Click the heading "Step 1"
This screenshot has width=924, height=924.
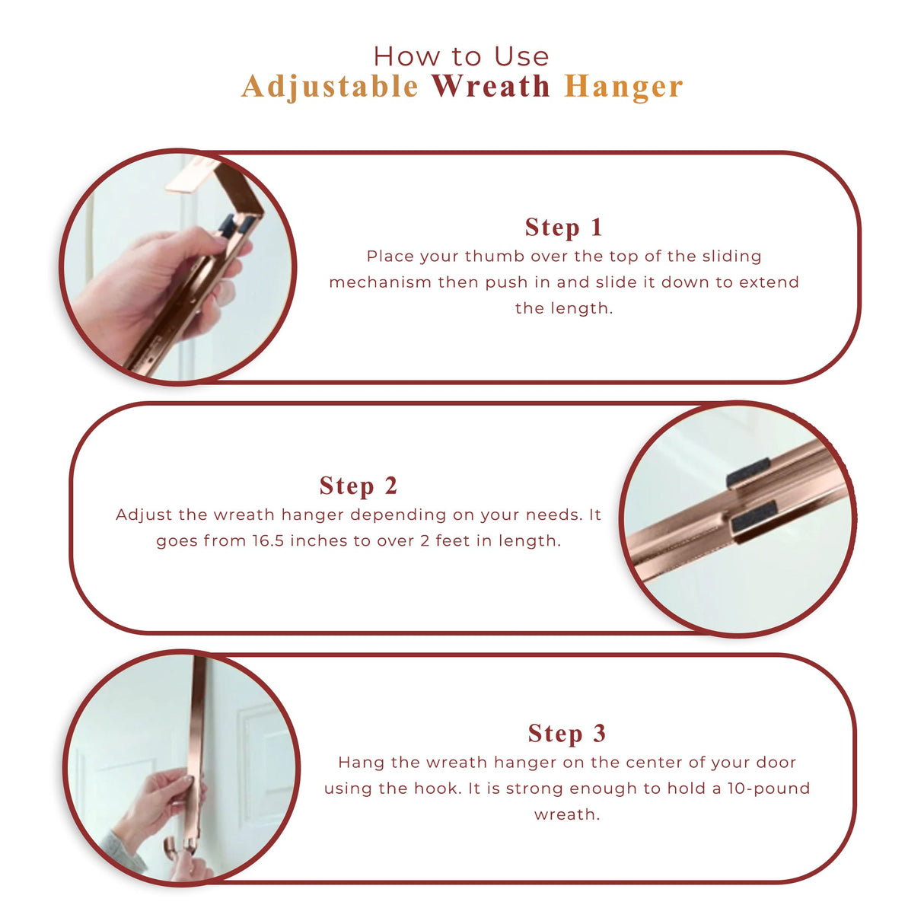563,227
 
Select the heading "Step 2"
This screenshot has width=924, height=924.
358,486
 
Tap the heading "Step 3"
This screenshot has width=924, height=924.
567,733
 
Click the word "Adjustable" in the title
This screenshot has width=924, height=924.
330,87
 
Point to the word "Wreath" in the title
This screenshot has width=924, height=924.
491,87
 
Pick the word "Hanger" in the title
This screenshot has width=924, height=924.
623,87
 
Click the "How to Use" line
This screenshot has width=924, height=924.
461,56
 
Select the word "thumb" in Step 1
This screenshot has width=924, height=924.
495,256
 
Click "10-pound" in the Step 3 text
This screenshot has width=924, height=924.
768,789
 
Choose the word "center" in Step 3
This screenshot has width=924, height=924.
655,763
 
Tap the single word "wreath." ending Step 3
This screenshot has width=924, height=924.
567,814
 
